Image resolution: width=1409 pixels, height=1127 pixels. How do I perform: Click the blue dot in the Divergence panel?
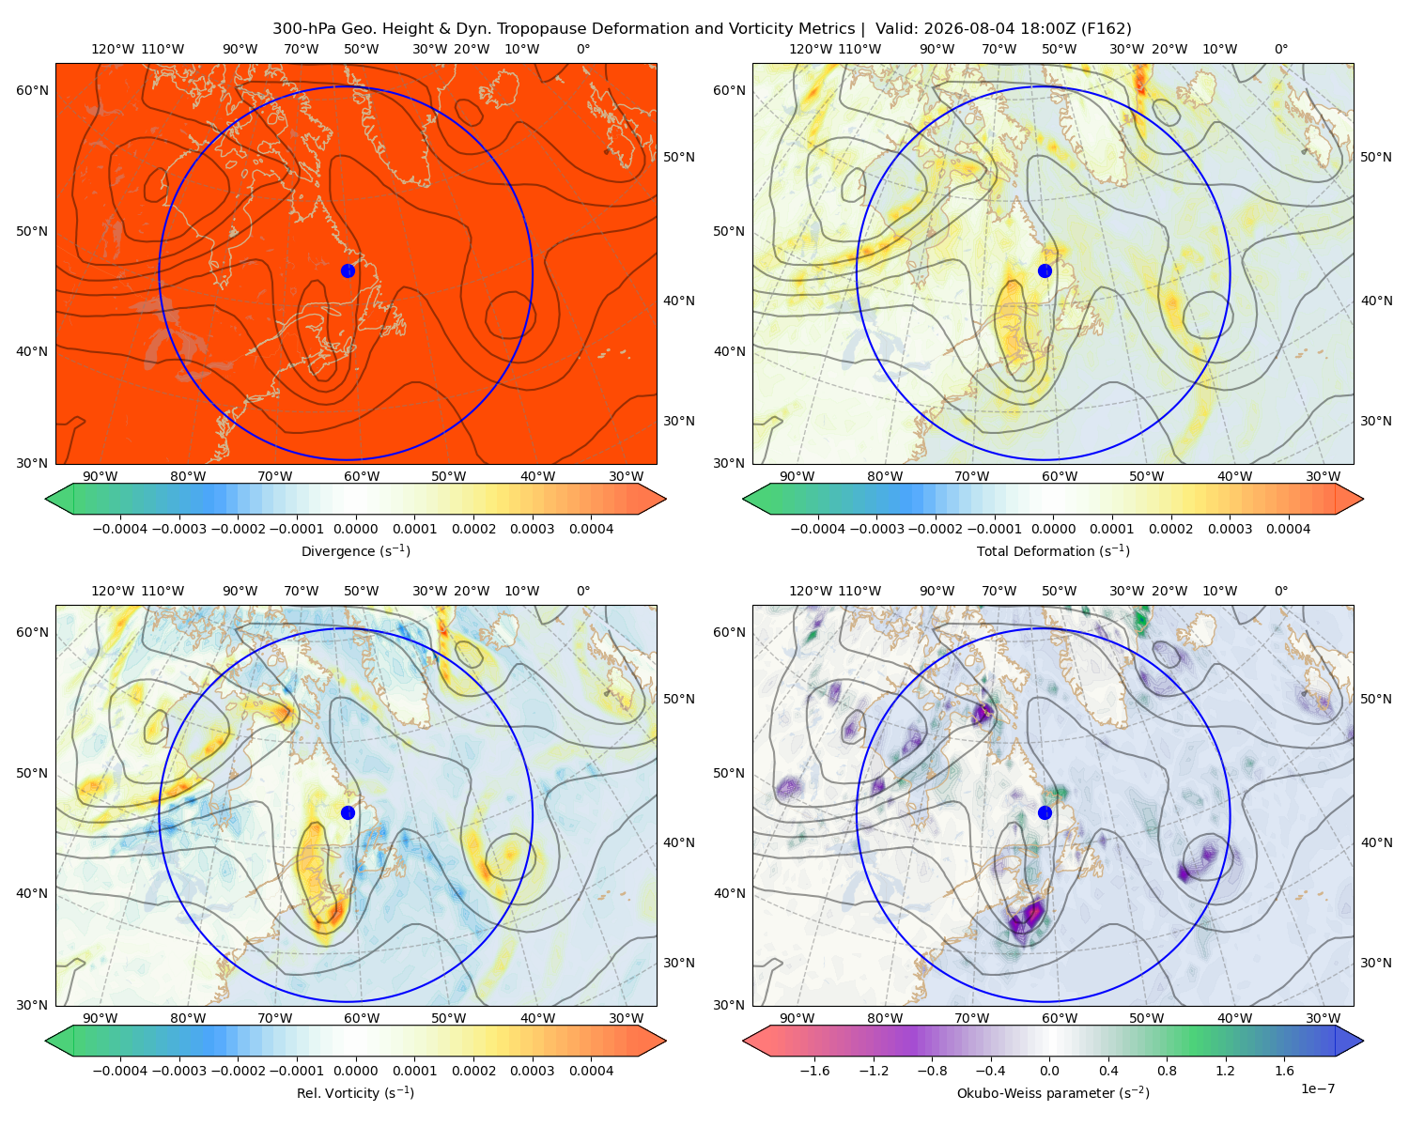(348, 270)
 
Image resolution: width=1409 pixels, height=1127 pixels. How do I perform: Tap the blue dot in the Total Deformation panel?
(1045, 270)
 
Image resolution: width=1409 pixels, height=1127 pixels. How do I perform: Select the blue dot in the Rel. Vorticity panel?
(348, 812)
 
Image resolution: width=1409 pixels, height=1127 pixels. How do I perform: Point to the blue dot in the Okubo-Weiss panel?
(1045, 812)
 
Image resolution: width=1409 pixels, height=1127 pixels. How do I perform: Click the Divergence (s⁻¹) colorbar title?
(355, 550)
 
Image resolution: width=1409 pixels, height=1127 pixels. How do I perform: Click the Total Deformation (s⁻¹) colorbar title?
(1053, 550)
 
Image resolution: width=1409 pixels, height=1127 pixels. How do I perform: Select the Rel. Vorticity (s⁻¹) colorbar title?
(355, 1092)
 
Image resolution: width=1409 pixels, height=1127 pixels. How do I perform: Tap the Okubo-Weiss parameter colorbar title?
(1053, 1092)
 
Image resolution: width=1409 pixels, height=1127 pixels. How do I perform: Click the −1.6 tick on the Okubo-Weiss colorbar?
(814, 1070)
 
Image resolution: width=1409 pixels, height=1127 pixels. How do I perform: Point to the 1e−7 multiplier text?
(1317, 1088)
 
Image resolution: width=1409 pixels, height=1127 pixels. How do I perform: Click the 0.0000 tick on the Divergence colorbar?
(355, 529)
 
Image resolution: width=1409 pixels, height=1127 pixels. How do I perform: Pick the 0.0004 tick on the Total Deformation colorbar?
(1288, 529)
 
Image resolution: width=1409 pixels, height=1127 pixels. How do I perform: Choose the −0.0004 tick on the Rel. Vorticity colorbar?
(120, 1070)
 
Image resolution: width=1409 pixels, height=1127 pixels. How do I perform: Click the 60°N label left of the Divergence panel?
(32, 90)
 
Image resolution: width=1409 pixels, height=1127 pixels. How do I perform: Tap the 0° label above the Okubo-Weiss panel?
(1280, 591)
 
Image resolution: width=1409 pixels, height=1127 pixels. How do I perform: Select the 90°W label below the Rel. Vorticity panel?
(101, 1018)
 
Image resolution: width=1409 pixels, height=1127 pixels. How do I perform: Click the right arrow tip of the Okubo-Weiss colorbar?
(1363, 1041)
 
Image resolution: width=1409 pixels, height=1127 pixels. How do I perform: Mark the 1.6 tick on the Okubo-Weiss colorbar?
(1284, 1070)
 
